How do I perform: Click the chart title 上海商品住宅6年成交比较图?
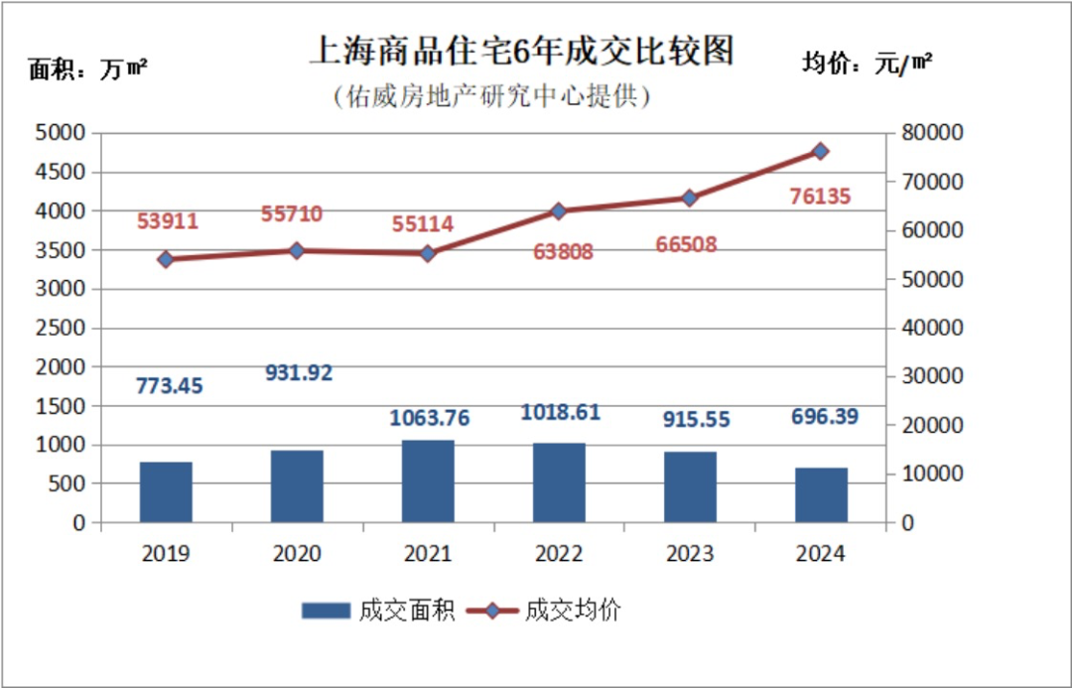[521, 51]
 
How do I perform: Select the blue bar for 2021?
[428, 482]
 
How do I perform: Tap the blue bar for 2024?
[821, 495]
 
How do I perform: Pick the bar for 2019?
[166, 492]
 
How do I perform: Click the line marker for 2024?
[820, 151]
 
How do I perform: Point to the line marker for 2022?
[558, 211]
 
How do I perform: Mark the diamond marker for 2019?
[166, 259]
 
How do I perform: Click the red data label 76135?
[820, 197]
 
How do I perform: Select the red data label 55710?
[292, 213]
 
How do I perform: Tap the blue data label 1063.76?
[429, 418]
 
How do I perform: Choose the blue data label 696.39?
[824, 417]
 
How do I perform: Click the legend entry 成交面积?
[378, 611]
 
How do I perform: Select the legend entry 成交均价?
[544, 611]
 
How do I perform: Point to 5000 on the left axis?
[63, 133]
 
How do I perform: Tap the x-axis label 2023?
[690, 554]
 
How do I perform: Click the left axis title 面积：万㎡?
[88, 70]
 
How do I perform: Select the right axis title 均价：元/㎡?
[867, 64]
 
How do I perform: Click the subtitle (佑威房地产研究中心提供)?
[491, 96]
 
